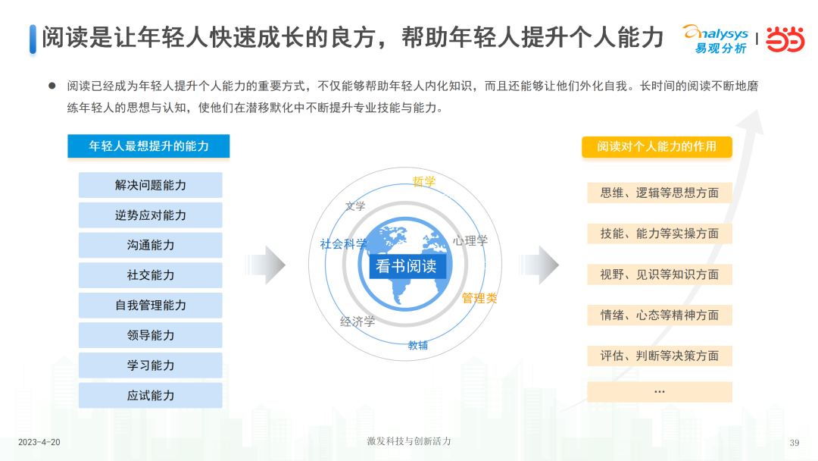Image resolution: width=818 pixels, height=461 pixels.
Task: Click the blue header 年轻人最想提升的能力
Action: point(148,146)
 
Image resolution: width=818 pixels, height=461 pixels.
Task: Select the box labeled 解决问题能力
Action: point(150,185)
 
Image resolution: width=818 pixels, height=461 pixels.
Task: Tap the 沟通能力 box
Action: point(150,245)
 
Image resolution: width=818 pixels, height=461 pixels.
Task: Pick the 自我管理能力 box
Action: point(150,306)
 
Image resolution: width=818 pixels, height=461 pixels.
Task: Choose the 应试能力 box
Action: point(150,395)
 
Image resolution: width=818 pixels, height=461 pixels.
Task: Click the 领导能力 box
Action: point(150,335)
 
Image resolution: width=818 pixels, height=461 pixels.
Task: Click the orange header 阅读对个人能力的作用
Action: point(657,146)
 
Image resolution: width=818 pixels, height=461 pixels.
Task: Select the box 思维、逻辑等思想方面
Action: point(660,193)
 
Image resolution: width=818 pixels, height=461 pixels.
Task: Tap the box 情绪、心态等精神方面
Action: point(660,315)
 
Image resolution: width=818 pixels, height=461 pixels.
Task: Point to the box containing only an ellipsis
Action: point(660,391)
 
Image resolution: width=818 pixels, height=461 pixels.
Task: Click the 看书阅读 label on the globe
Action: point(407,266)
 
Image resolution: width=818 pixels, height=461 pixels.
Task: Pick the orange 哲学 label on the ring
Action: point(423,182)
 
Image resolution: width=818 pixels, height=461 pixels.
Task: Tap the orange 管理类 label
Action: point(479,298)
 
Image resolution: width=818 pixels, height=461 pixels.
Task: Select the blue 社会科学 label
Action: point(343,244)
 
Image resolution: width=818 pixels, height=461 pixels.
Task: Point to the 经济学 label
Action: point(357,321)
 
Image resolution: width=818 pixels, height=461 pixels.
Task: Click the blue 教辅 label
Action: point(418,345)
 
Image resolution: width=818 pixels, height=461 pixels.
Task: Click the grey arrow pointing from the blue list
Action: point(266,265)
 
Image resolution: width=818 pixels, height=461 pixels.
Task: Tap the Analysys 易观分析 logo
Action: point(716,39)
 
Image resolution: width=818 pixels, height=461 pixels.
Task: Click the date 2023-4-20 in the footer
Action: point(39,442)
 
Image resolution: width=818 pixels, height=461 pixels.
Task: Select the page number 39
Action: point(795,443)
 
